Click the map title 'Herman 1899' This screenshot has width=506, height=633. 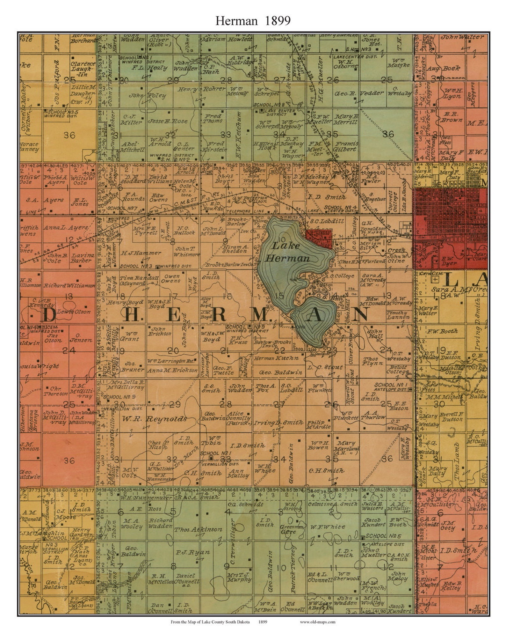click(253, 21)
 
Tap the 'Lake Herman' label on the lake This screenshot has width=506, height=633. click(287, 252)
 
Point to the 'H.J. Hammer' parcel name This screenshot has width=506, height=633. click(141, 253)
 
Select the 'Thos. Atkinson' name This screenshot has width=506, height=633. click(198, 529)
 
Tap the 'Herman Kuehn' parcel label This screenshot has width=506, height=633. click(276, 358)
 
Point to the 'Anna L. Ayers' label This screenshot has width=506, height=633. click(65, 228)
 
